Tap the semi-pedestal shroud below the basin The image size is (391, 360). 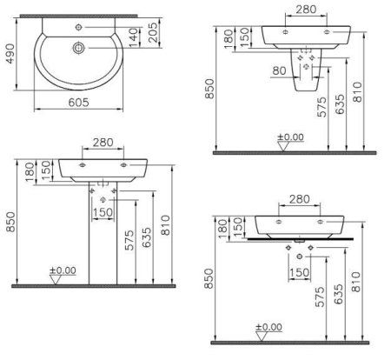click(305, 74)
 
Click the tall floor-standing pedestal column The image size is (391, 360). click(103, 235)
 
